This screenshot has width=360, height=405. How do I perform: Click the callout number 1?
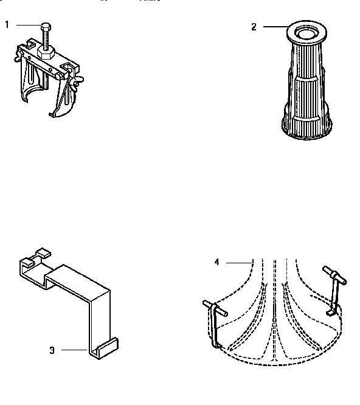tap(7, 24)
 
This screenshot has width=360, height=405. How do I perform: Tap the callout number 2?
tap(254, 26)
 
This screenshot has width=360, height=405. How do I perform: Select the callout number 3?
tap(52, 350)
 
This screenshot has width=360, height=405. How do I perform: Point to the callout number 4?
tap(216, 262)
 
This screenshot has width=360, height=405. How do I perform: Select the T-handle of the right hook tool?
tap(335, 275)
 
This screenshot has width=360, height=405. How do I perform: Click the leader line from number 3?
tap(75, 349)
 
